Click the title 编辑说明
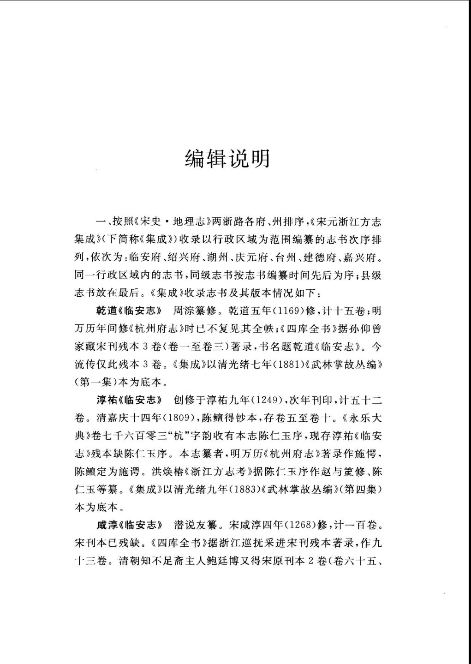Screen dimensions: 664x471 (227, 159)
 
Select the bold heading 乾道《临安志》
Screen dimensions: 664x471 (130, 310)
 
